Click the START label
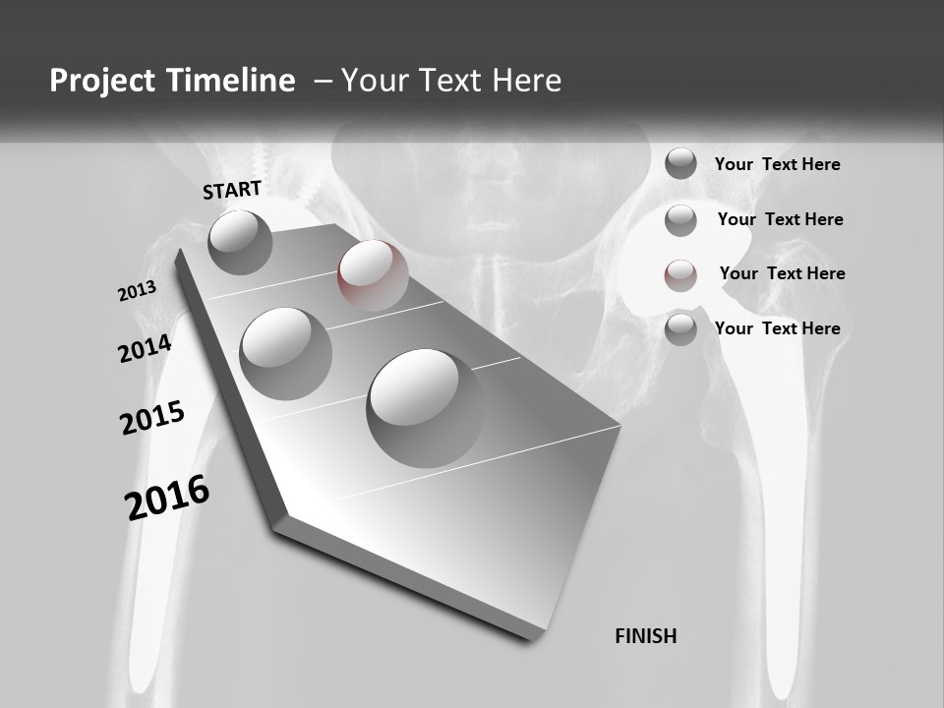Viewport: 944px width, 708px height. pos(232,190)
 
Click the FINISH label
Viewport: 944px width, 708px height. pos(645,636)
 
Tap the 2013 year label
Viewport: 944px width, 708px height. pos(137,291)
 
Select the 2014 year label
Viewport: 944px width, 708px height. pos(145,349)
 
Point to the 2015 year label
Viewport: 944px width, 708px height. pos(152,418)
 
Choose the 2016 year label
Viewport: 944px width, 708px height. pos(167,498)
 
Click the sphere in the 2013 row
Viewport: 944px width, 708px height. pos(240,242)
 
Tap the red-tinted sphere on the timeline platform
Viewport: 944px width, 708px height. pos(373,274)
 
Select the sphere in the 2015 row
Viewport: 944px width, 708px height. pos(286,353)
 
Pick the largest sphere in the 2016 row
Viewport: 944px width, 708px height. pos(426,407)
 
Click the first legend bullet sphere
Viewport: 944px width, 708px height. pos(680,163)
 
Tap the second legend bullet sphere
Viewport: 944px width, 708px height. pos(680,220)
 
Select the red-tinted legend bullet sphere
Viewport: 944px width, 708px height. pos(680,275)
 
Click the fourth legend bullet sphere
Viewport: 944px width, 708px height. pos(680,329)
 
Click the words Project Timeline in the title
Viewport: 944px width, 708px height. pos(172,81)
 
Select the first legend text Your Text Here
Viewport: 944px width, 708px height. pos(777,164)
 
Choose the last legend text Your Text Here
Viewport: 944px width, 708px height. pos(777,328)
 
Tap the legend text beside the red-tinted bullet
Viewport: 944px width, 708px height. pos(782,273)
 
